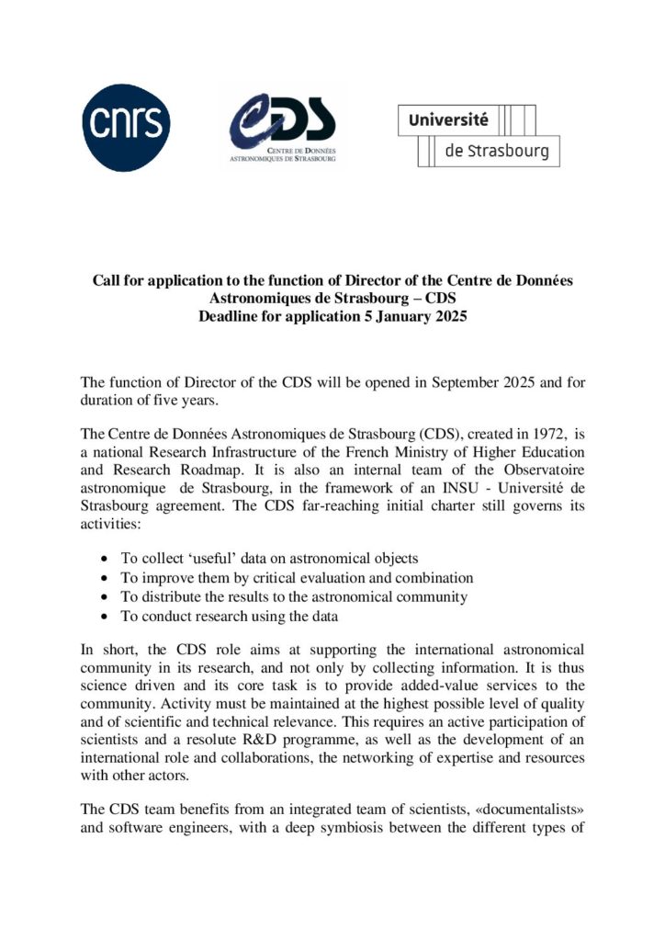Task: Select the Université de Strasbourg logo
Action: tap(479, 135)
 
